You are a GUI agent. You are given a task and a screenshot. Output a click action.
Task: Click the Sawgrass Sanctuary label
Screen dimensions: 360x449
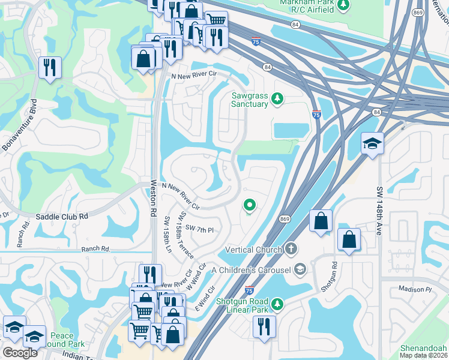coord(250,100)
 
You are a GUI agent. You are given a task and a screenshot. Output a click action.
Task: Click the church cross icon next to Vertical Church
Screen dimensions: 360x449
coord(291,248)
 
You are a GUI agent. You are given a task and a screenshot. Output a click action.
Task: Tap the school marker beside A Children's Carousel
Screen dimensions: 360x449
coord(300,270)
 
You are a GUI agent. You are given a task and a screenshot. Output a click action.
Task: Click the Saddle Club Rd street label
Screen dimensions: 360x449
coord(62,216)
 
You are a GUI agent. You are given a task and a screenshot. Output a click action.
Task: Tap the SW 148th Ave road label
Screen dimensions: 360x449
coord(379,211)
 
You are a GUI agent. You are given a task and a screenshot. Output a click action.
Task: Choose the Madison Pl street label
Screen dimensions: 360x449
coord(415,289)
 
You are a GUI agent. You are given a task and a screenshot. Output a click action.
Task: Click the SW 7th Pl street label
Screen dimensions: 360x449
coord(199,229)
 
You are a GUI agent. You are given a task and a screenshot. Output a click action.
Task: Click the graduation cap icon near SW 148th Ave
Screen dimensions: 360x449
coord(372,145)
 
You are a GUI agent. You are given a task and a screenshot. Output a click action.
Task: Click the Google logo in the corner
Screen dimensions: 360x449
coord(20,353)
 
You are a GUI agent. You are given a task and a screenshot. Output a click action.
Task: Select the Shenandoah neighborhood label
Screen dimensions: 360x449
coord(424,349)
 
